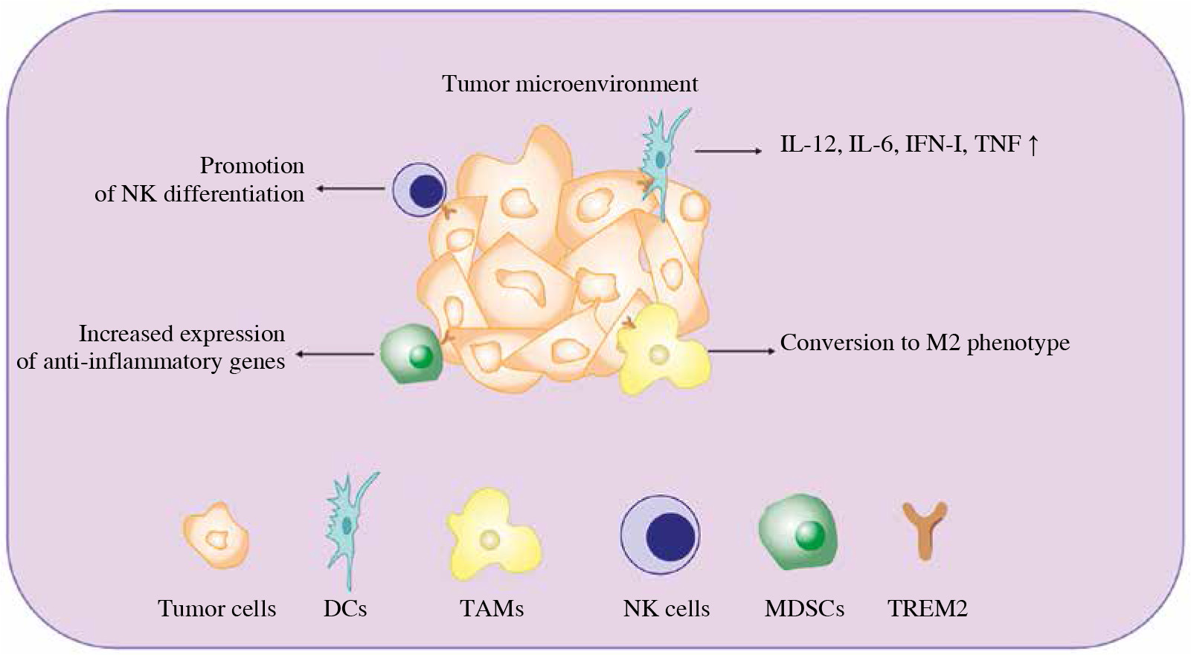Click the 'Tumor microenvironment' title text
570,83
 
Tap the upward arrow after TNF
1032,144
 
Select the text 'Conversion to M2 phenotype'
925,343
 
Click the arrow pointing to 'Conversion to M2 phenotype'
741,350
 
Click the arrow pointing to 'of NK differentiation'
350,189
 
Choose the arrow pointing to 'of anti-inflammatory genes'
335,354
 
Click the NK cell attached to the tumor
420,190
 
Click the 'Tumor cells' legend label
216,609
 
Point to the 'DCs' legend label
345,609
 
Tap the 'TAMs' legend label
492,609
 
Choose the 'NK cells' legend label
667,609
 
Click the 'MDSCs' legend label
804,609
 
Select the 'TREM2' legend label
928,609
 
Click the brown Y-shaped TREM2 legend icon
925,529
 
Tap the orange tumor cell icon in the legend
216,536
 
